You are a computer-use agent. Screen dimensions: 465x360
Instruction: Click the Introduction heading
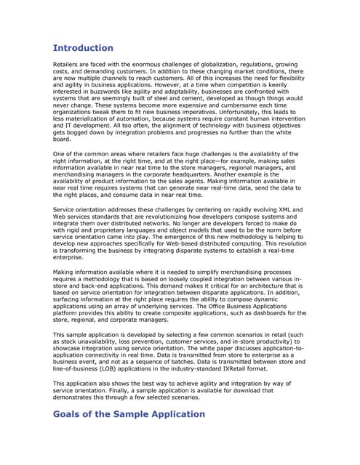tap(83, 48)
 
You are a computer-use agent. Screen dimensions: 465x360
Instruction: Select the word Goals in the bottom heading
tap(71, 413)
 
